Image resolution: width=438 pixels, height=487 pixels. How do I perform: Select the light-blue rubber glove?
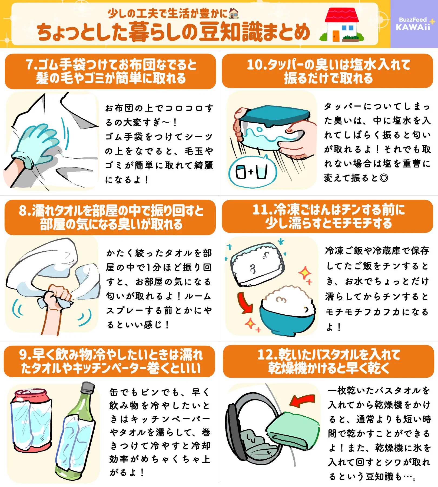click(36, 145)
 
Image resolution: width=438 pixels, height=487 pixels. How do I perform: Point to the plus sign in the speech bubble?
click(251, 172)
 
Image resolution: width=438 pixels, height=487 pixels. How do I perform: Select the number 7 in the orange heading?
click(30, 65)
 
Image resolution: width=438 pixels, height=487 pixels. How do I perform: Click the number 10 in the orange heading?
click(254, 65)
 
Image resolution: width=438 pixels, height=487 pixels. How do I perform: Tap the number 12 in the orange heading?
click(265, 355)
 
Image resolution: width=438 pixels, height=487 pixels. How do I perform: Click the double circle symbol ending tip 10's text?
click(384, 178)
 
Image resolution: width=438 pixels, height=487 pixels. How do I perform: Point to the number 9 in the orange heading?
click(23, 355)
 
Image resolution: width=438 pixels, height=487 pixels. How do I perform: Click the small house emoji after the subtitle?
click(234, 13)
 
